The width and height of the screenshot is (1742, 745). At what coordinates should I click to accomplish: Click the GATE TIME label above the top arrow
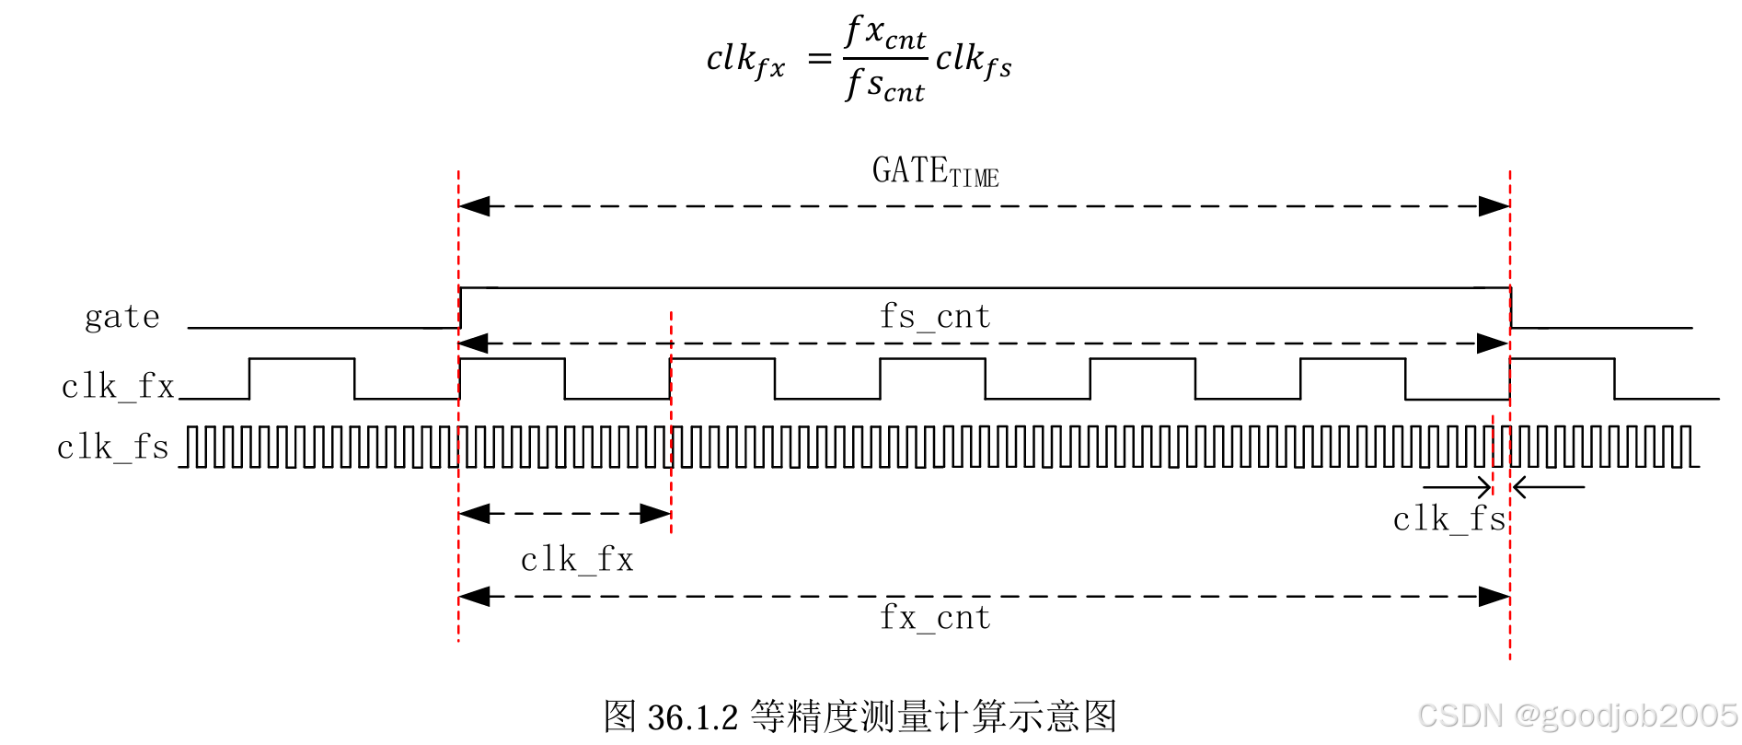935,172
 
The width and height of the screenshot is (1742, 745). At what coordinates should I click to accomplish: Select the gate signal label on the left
122,318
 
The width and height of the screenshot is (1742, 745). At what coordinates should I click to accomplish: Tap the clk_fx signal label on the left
118,387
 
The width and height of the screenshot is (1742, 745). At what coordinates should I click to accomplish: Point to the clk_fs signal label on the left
113,448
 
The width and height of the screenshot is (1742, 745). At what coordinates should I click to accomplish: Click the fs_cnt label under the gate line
935,317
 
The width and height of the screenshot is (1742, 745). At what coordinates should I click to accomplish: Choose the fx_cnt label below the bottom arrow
935,618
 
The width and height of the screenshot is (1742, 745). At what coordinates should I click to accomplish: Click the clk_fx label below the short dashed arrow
577,560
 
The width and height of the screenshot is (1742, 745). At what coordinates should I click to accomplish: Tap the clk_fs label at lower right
1448,519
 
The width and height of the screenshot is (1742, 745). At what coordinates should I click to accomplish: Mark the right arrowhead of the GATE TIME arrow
1494,206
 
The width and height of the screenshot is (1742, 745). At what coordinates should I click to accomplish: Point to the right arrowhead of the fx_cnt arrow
1494,597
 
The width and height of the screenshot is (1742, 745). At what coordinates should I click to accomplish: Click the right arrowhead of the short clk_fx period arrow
655,514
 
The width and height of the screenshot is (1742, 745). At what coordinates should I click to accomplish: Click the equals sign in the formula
819,60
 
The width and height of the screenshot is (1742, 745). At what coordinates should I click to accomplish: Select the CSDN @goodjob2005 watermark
1577,716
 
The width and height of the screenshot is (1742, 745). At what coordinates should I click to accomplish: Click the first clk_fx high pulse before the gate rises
302,361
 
